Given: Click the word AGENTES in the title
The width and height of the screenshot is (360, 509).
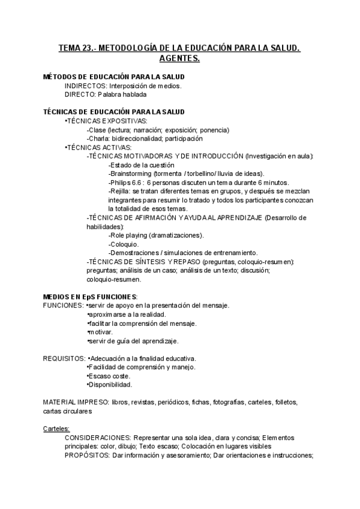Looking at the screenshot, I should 179,59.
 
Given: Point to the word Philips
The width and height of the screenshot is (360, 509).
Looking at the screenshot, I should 121,182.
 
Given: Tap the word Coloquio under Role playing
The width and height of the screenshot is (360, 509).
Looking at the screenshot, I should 124,244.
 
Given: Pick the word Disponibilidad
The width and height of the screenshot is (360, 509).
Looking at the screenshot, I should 110,385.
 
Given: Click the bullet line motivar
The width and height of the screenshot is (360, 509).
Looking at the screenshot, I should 100,332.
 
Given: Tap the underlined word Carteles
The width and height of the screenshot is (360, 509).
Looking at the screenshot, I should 56,429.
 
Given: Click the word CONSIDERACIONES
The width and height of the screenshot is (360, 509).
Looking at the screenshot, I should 97,438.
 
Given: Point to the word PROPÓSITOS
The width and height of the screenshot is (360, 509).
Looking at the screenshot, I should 86,455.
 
